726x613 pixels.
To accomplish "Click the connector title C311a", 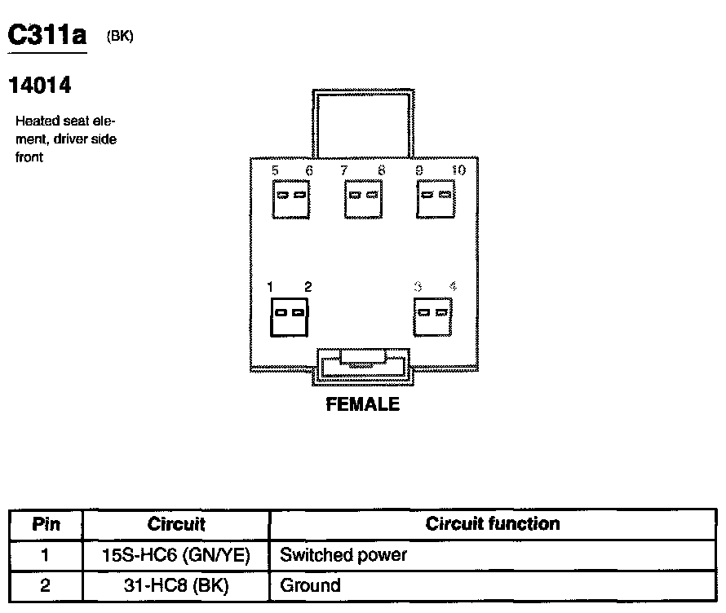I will pyautogui.click(x=47, y=35).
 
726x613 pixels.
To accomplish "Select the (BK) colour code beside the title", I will pyautogui.click(x=120, y=37).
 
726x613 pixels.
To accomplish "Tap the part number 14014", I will pyautogui.click(x=39, y=85).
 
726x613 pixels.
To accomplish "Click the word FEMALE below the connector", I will pyautogui.click(x=363, y=404).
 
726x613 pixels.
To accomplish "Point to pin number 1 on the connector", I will pyautogui.click(x=270, y=286).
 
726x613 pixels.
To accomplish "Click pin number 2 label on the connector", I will pyautogui.click(x=308, y=286).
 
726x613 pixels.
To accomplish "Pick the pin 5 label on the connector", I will pyautogui.click(x=275, y=170).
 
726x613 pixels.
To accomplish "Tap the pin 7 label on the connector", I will pyautogui.click(x=344, y=170).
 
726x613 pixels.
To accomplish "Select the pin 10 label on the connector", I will pyautogui.click(x=458, y=170).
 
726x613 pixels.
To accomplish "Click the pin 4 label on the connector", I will pyautogui.click(x=453, y=286).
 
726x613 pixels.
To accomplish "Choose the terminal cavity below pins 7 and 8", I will pyautogui.click(x=363, y=196).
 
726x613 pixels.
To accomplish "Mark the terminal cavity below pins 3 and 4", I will pyautogui.click(x=433, y=314).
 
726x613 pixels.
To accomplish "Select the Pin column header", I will pyautogui.click(x=46, y=524).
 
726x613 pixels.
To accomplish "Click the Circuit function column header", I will pyautogui.click(x=493, y=524).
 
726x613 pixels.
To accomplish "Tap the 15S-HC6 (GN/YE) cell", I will pyautogui.click(x=175, y=556).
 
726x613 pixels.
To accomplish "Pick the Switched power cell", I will pyautogui.click(x=343, y=556).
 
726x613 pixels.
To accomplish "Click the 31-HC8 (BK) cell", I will pyautogui.click(x=175, y=585).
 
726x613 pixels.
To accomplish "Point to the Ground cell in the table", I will pyautogui.click(x=310, y=585).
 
